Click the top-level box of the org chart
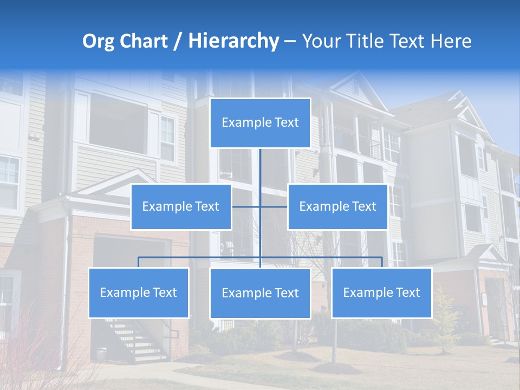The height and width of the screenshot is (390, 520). click(x=260, y=123)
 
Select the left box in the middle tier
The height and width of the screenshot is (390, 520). click(x=181, y=206)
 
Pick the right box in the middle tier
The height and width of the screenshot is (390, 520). click(x=337, y=206)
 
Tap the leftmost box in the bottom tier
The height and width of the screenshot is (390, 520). click(x=139, y=292)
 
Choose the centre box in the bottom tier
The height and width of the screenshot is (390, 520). click(x=260, y=293)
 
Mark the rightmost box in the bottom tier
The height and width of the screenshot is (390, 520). click(x=382, y=292)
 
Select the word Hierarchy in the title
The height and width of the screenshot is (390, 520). click(x=233, y=41)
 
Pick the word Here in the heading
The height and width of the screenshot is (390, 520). click(x=451, y=41)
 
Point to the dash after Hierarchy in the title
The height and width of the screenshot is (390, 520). click(x=290, y=42)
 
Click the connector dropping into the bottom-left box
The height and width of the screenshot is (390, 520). click(x=139, y=262)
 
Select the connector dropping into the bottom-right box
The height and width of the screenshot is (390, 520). click(x=382, y=262)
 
